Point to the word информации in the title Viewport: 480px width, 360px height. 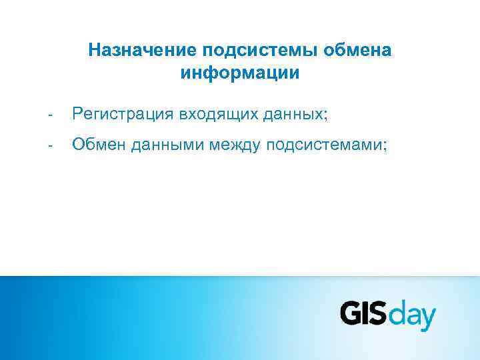240,72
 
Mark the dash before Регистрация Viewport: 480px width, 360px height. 49,116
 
